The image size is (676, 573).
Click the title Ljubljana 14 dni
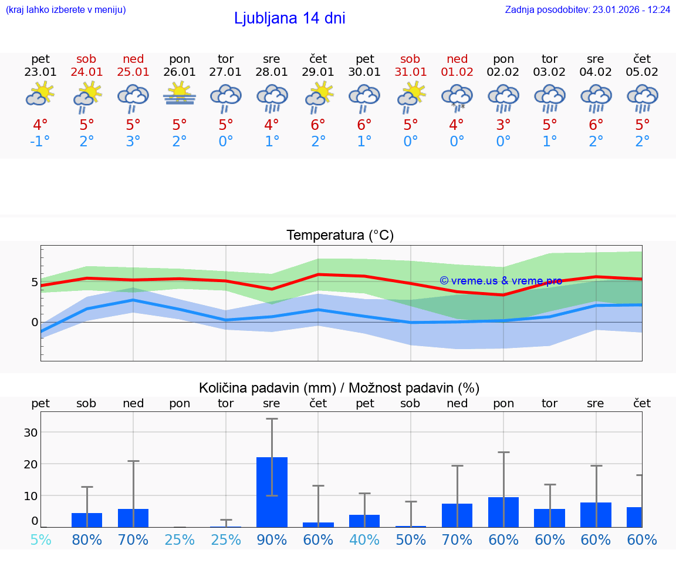pyautogui.click(x=289, y=18)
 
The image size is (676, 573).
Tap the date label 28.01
pyautogui.click(x=271, y=72)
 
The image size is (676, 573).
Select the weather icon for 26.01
pyautogui.click(x=180, y=94)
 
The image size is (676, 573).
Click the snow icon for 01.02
pyautogui.click(x=457, y=97)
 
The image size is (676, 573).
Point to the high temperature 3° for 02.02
pyautogui.click(x=503, y=125)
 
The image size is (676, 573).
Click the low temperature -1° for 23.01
pyautogui.click(x=40, y=142)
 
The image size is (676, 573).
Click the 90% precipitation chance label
pyautogui.click(x=272, y=540)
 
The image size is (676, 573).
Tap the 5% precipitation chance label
pyautogui.click(x=40, y=540)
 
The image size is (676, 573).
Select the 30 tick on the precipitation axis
pyautogui.click(x=31, y=433)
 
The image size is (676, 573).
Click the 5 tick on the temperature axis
pyautogui.click(x=35, y=283)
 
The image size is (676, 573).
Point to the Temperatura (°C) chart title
pyautogui.click(x=340, y=235)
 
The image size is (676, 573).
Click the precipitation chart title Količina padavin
pyautogui.click(x=339, y=388)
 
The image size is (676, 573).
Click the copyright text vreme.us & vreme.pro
pyautogui.click(x=501, y=281)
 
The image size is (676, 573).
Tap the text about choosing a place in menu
pyautogui.click(x=66, y=10)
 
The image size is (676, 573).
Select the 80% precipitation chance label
pyautogui.click(x=87, y=540)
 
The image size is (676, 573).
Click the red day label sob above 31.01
pyautogui.click(x=410, y=59)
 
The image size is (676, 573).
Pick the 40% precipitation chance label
pyautogui.click(x=364, y=540)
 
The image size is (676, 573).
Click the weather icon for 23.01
pyautogui.click(x=40, y=94)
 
